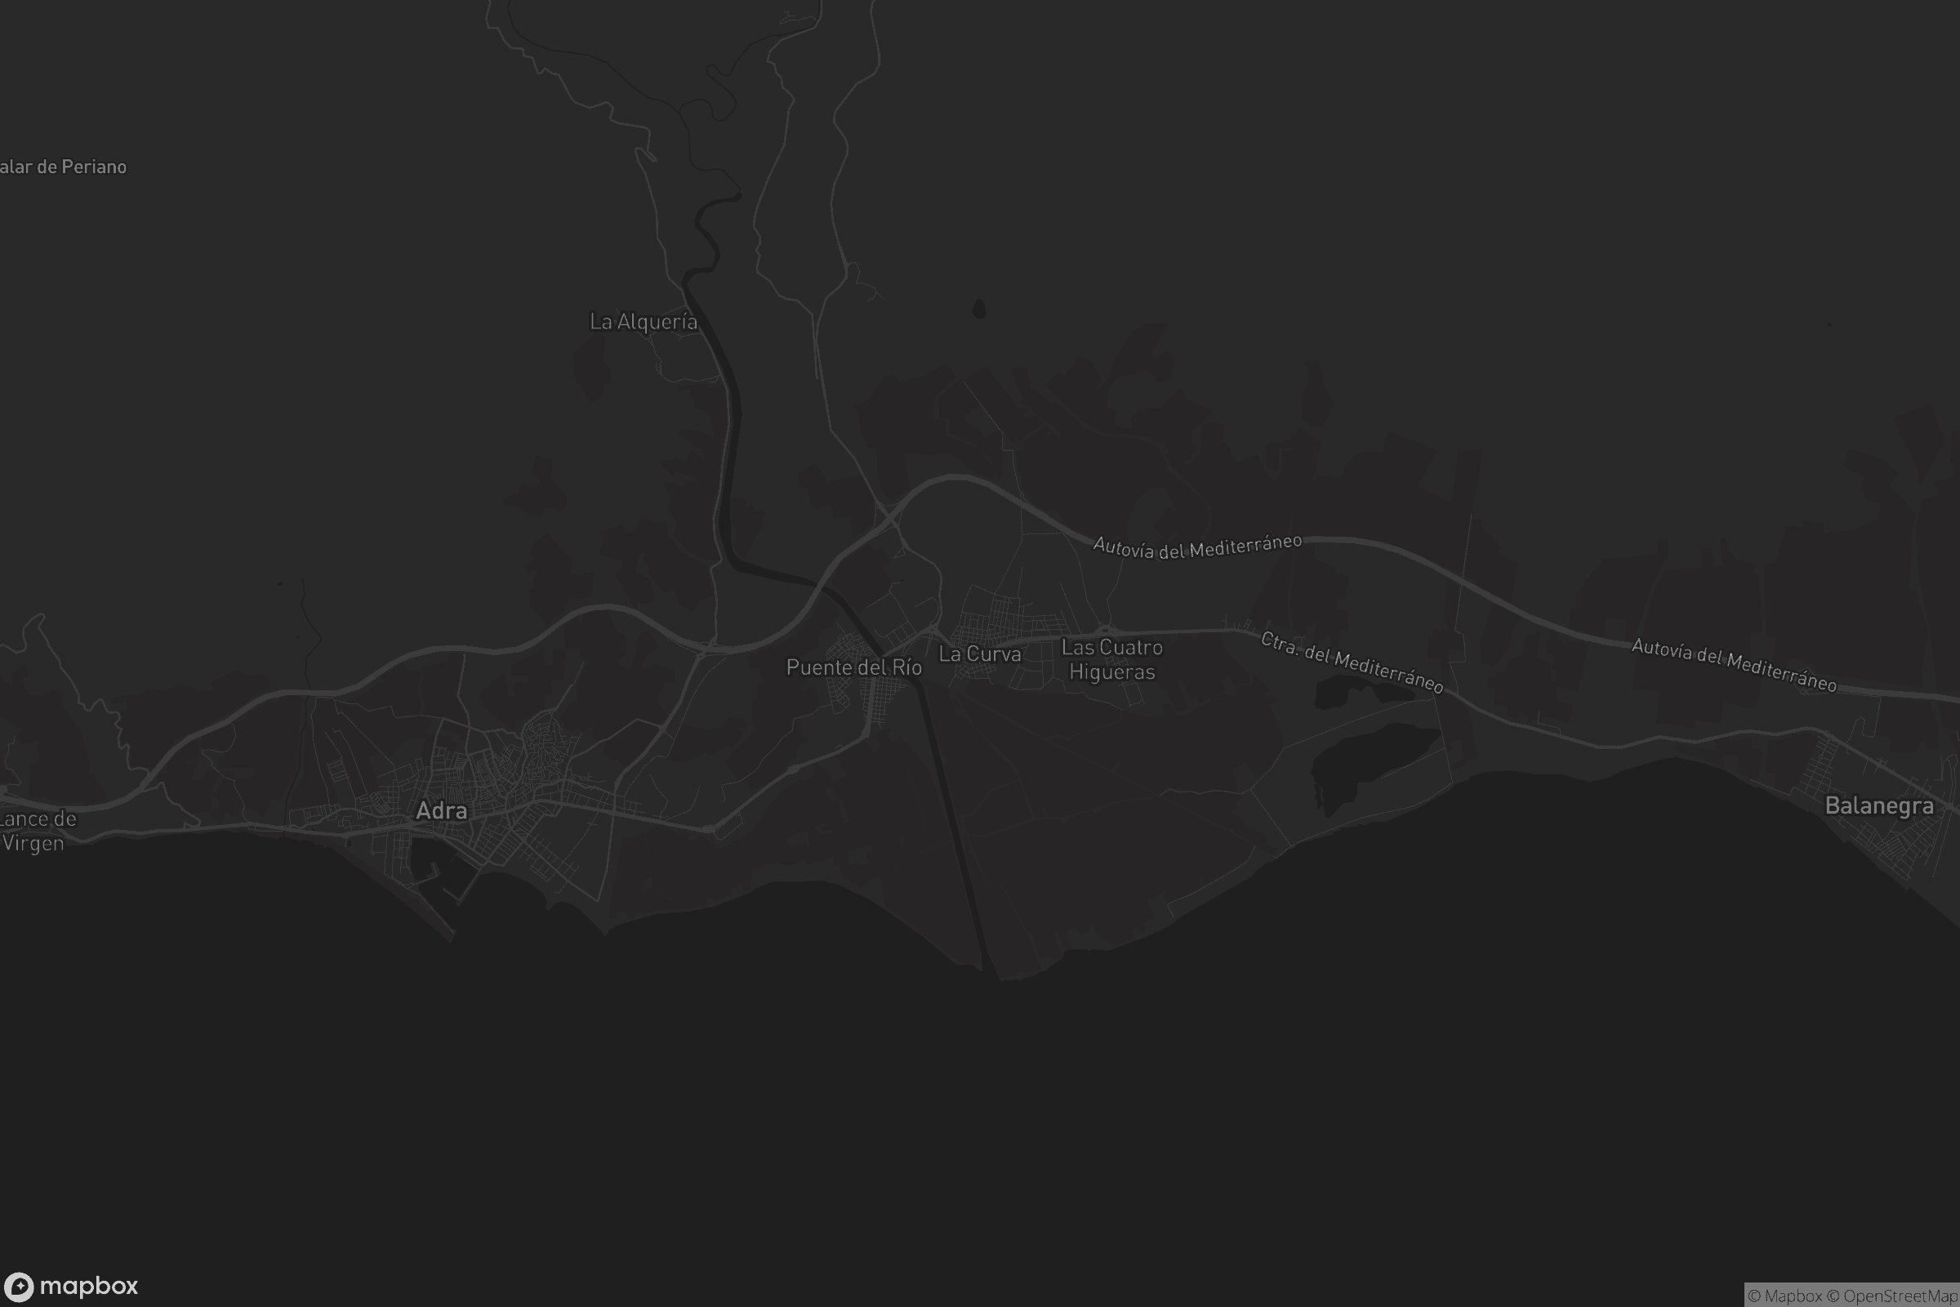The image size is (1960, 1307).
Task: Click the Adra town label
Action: tap(441, 810)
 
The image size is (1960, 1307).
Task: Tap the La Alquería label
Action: tap(644, 322)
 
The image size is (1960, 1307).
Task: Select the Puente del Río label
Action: tap(853, 667)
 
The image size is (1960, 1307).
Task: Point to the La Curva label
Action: tap(979, 654)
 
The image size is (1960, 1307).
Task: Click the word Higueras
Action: tap(1111, 671)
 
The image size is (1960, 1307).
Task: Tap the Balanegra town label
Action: tap(1878, 806)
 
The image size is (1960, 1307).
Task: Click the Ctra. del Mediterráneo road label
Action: tap(1351, 662)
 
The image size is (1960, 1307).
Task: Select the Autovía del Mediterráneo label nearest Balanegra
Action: tap(1733, 664)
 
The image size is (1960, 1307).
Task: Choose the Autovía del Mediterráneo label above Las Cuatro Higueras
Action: tap(1196, 546)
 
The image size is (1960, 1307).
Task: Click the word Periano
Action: tap(93, 167)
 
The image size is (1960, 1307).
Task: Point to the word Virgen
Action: tap(33, 844)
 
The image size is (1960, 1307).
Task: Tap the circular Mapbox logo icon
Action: tap(18, 1286)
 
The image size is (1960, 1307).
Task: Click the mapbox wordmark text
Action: tap(88, 1286)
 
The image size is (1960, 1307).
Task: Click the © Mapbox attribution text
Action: tap(1785, 1296)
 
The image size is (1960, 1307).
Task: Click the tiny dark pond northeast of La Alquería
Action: tap(979, 310)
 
